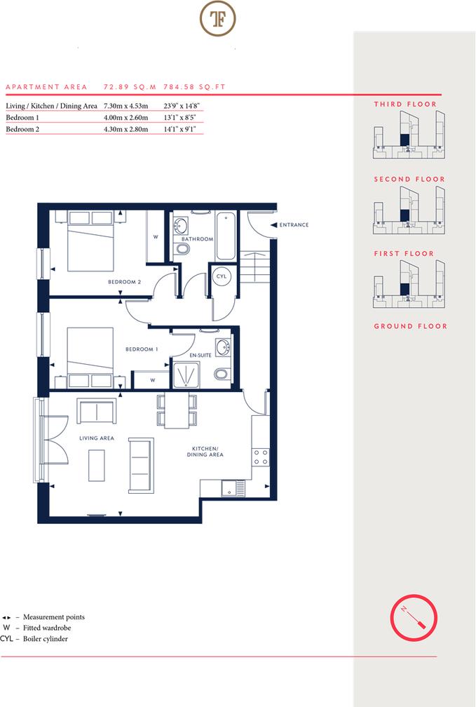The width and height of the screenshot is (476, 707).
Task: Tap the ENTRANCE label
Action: pos(294,225)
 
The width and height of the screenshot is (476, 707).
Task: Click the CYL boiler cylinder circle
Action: pos(222,277)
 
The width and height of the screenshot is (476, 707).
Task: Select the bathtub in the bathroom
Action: pos(226,235)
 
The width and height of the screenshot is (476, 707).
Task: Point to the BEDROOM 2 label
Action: pos(125,282)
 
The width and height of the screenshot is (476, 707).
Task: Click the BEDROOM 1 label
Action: pos(142,349)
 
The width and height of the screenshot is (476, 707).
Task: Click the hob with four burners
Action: pos(261,457)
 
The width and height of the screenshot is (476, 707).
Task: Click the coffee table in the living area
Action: pos(97,464)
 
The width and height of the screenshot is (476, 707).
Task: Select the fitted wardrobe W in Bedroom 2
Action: pos(155,237)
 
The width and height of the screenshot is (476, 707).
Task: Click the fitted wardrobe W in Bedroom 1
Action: pos(153,381)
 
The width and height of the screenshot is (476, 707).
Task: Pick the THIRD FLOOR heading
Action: pos(405,105)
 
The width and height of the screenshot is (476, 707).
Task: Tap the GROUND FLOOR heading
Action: pos(410,326)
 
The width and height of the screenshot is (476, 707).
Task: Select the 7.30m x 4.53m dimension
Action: pos(126,106)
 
